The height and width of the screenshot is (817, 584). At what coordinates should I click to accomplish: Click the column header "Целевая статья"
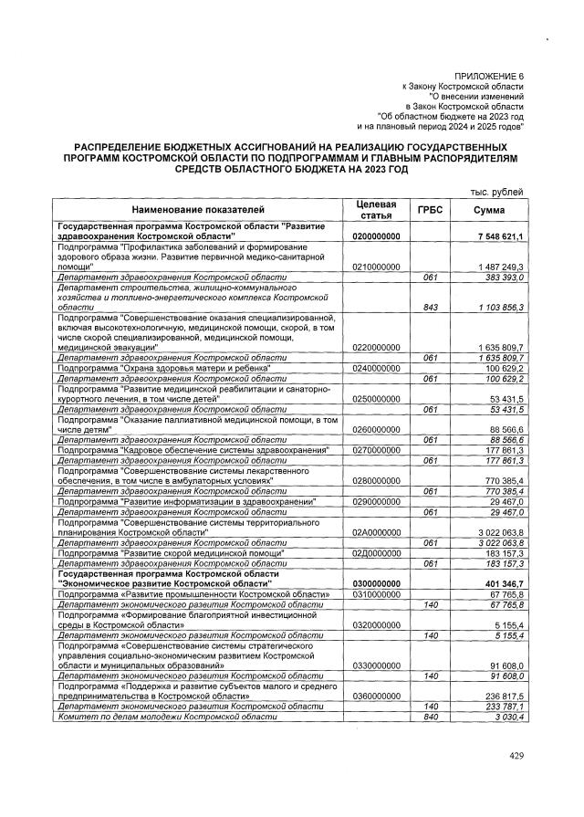(375, 209)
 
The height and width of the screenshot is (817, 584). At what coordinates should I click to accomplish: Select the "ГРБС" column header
(430, 209)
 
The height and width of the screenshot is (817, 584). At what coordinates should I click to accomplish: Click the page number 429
(517, 756)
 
